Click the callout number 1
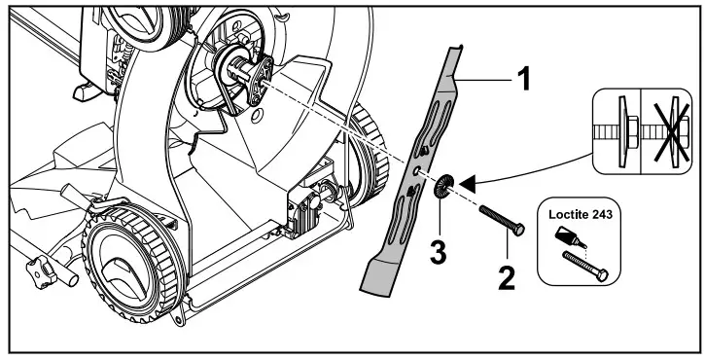523,79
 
